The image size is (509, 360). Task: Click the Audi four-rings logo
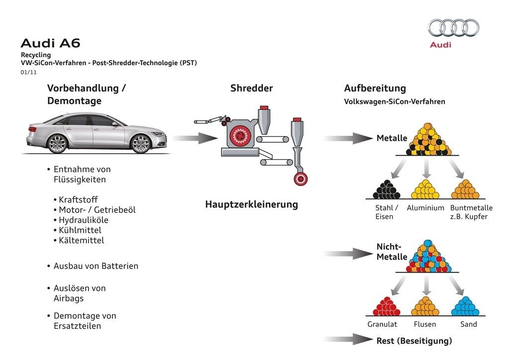pos(453,28)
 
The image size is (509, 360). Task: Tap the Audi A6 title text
pos(50,43)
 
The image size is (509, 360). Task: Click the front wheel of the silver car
pos(141,143)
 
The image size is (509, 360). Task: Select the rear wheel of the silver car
pos(57,143)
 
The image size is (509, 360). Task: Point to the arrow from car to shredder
pos(194,138)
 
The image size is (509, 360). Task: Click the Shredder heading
pos(252,89)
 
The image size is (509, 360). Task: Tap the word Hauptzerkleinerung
pos(252,204)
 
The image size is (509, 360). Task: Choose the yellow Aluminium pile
pos(425,190)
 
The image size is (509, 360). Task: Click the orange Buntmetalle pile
pos(465,190)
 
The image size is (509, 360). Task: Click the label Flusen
pos(425,324)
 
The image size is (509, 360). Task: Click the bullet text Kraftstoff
pos(78,199)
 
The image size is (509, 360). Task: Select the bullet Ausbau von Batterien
pos(96,266)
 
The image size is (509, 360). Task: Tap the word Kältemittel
pos(81,241)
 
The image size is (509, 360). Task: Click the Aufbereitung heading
pos(375,89)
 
